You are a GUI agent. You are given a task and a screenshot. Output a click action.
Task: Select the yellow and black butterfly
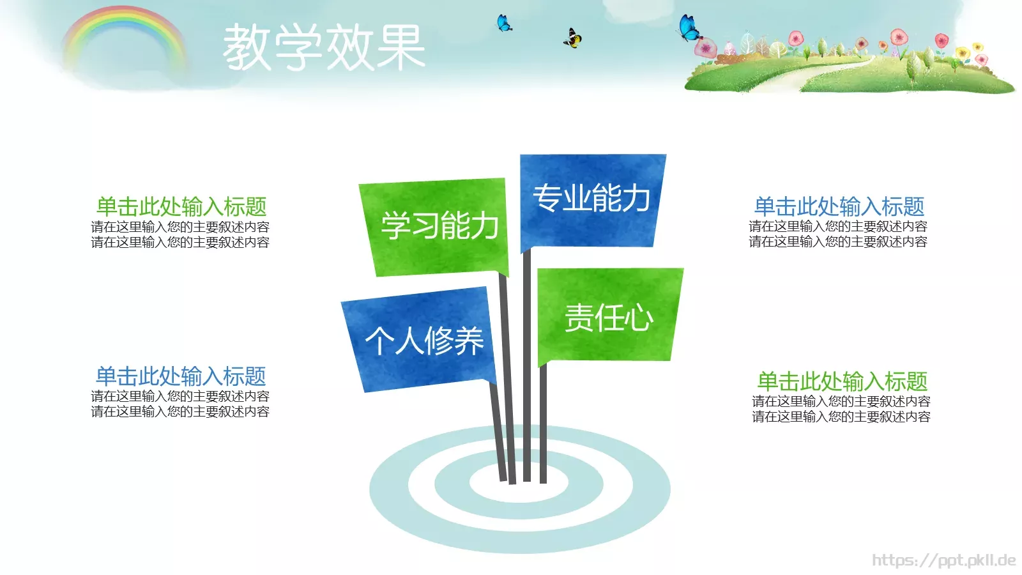click(572, 38)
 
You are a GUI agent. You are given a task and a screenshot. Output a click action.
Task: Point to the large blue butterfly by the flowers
click(689, 28)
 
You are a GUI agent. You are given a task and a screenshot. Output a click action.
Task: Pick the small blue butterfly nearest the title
click(504, 24)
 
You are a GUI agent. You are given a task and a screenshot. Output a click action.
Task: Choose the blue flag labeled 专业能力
click(591, 199)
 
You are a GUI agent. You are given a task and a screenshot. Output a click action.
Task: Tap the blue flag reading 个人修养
click(422, 339)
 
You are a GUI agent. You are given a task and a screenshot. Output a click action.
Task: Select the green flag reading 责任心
click(608, 317)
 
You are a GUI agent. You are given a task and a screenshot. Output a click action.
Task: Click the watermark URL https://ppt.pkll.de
click(943, 560)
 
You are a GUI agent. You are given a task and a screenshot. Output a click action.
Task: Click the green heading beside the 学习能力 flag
click(181, 206)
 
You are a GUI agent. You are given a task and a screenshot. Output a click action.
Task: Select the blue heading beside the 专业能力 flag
click(839, 206)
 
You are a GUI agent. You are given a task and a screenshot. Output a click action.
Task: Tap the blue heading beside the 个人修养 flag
click(181, 376)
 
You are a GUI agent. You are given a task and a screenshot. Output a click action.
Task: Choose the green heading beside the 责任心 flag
click(842, 381)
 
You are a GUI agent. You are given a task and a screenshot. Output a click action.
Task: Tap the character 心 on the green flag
click(638, 318)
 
